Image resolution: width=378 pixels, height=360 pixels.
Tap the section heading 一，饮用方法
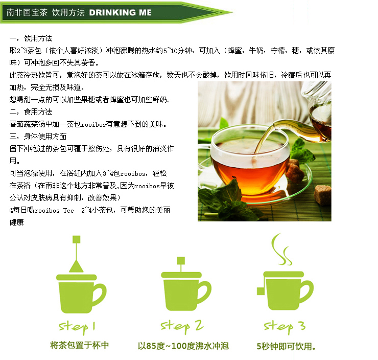click(31, 38)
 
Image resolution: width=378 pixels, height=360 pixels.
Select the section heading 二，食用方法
click(31, 111)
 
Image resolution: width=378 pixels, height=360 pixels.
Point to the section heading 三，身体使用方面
click(38, 136)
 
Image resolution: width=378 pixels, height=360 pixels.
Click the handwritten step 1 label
click(78, 326)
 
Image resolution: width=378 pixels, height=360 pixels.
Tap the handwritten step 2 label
click(182, 326)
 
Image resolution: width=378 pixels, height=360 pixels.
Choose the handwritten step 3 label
click(285, 326)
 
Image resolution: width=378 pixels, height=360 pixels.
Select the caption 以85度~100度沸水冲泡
click(182, 346)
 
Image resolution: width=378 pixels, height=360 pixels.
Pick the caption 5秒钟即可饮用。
click(286, 346)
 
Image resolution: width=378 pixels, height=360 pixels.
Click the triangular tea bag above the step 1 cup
click(77, 266)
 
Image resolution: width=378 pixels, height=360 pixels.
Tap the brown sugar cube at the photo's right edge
click(322, 195)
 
